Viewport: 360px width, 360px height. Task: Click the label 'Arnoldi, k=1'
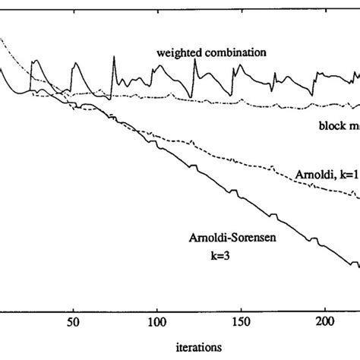click(322, 174)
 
